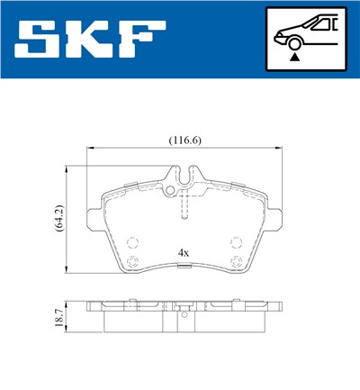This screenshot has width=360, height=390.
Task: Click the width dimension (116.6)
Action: [184, 140]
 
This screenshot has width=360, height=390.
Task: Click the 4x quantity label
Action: [184, 253]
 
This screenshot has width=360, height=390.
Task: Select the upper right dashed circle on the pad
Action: [236, 241]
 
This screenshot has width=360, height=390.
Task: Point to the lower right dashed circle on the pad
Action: [236, 263]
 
